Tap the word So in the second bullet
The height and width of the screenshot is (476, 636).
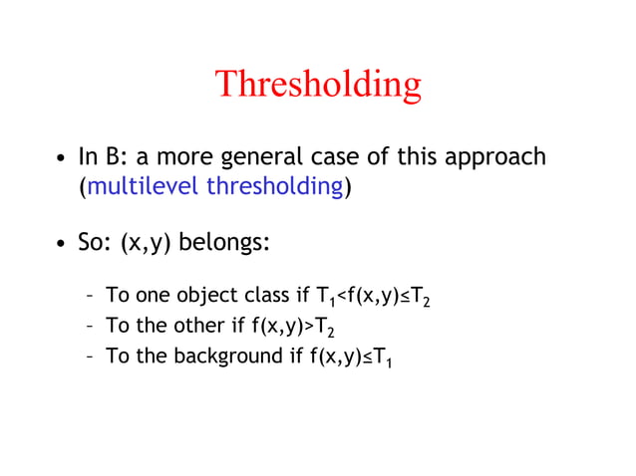pos(93,244)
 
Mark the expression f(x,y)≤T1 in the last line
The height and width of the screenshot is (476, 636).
pos(350,357)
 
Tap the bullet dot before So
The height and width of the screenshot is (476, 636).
pos(61,245)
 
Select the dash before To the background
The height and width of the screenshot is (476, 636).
pos(90,356)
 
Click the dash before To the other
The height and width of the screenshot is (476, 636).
pos(90,326)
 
